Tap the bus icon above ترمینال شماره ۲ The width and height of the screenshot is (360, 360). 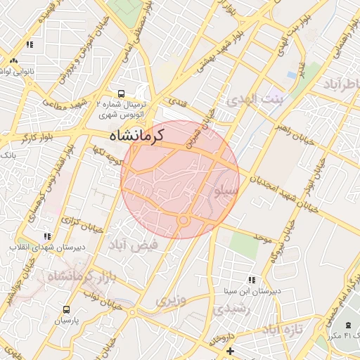[122, 93]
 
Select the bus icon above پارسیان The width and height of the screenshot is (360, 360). [66, 309]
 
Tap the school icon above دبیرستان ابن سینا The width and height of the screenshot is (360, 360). [252, 281]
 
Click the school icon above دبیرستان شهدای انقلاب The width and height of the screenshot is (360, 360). [47, 237]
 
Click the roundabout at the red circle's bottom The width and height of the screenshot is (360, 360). [184, 221]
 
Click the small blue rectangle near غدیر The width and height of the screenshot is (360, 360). [291, 75]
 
